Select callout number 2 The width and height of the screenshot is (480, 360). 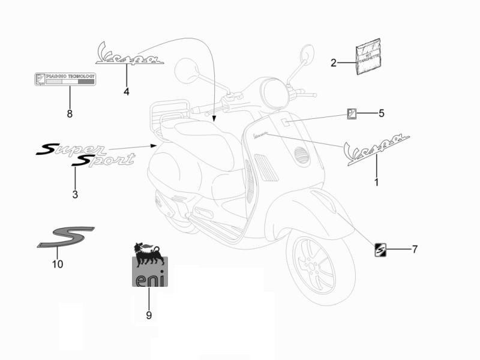(334, 62)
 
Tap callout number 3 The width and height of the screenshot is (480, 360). (75, 194)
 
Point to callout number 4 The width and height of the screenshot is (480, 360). (127, 91)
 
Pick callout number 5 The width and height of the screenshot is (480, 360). (382, 113)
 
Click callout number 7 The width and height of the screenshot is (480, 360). (414, 248)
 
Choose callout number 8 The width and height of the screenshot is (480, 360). (70, 113)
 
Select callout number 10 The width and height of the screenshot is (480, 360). (58, 264)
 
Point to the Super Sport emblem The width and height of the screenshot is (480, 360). (84, 154)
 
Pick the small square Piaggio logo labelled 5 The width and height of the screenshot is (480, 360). (353, 113)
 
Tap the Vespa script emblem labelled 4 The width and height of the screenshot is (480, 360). (128, 55)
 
